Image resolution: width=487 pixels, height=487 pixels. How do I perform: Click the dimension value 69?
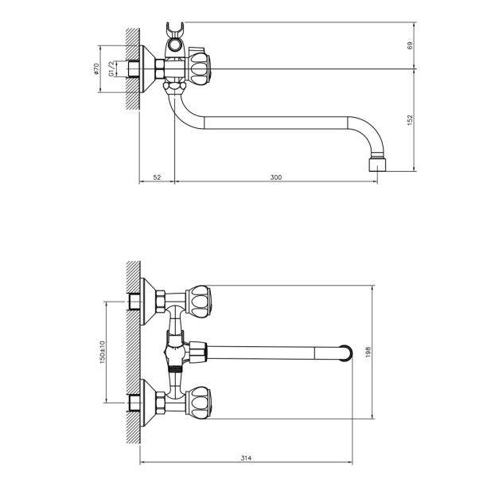tap(410, 45)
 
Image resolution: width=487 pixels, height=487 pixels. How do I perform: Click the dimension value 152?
tap(410, 120)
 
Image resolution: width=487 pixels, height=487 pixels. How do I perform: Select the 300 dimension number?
tap(276, 177)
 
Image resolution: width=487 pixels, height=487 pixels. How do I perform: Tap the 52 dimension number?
tap(157, 177)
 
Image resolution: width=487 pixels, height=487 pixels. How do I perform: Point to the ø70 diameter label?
tap(96, 69)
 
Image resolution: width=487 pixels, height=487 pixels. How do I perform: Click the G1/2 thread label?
tap(111, 68)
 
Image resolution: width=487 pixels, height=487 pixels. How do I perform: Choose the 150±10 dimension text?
tap(103, 352)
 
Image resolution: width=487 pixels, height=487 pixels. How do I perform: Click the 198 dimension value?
tap(368, 352)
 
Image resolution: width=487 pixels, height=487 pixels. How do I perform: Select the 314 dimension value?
tap(246, 458)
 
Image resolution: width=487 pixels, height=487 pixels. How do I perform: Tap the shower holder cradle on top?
tap(175, 40)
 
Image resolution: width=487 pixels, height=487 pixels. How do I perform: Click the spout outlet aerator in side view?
tap(377, 165)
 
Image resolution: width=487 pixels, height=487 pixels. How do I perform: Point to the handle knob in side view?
tap(199, 69)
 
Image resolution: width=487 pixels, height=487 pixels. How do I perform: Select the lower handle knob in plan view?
tap(199, 402)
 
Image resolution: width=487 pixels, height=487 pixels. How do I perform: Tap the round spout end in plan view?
tap(346, 353)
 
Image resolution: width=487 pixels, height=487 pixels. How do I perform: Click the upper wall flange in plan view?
tap(148, 302)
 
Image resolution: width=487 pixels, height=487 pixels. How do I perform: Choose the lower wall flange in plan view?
tap(148, 402)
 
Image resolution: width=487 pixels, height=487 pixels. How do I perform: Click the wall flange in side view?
tap(148, 69)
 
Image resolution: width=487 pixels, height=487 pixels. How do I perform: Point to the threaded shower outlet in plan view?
tap(174, 369)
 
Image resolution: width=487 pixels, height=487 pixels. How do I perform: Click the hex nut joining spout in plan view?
tap(198, 352)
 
